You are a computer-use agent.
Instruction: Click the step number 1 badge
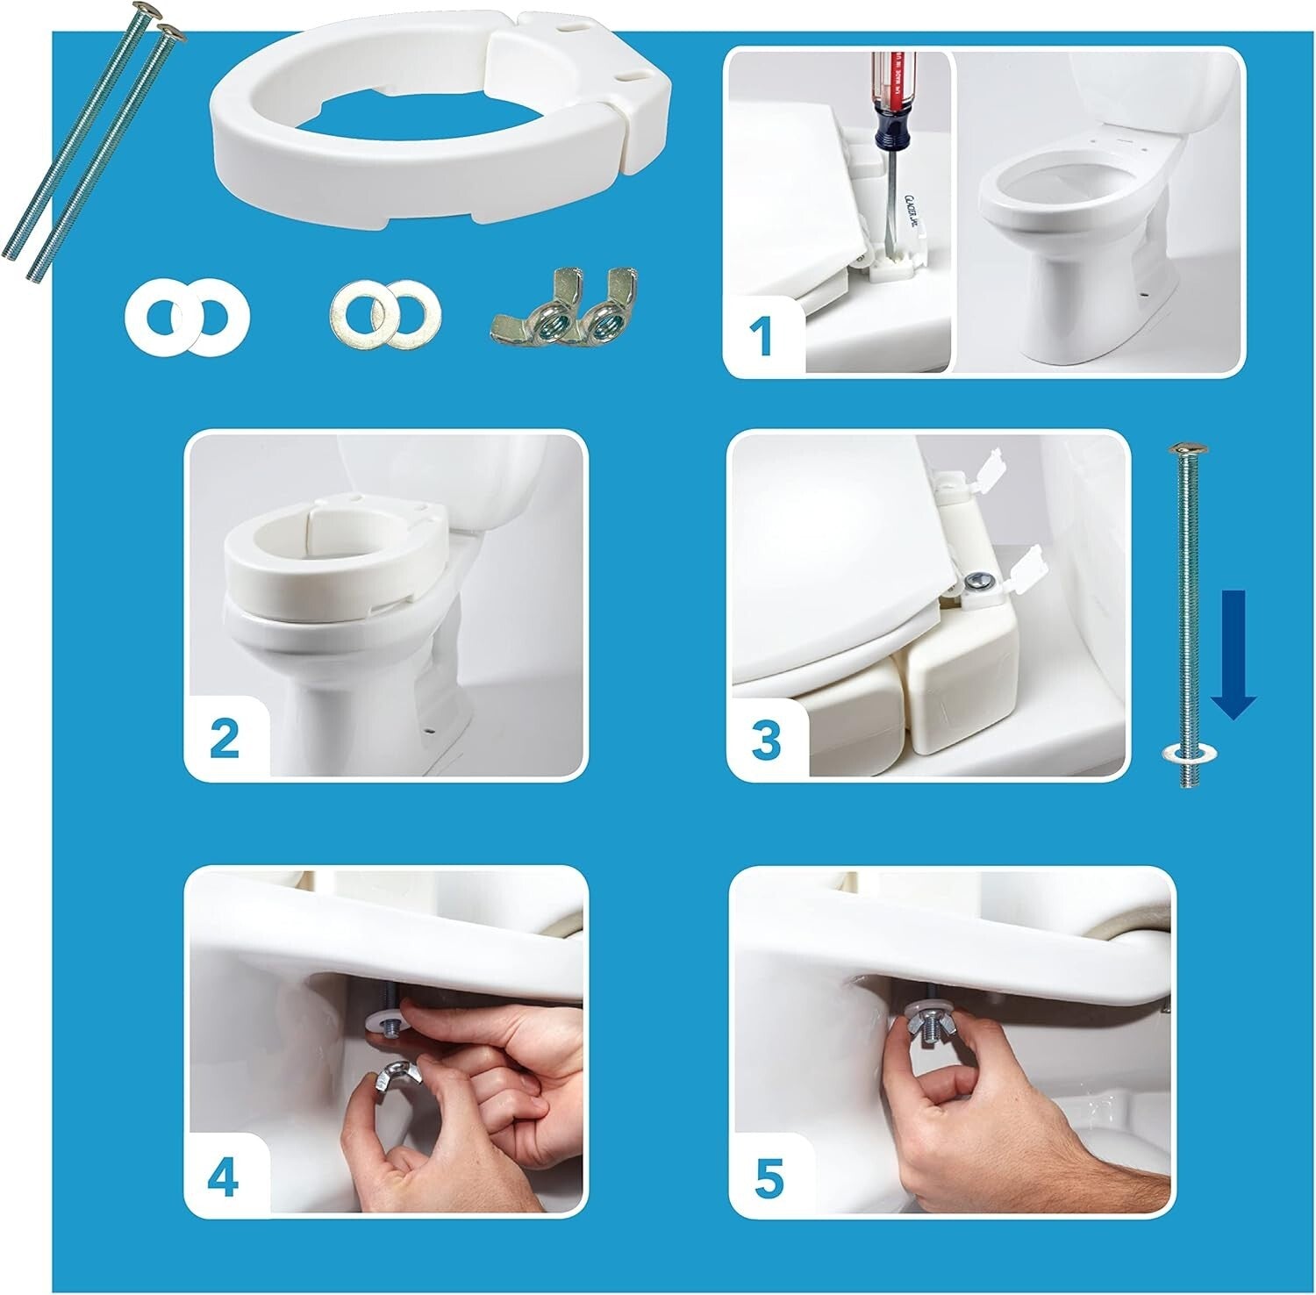pos(762,337)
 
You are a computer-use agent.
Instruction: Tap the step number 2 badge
pos(225,737)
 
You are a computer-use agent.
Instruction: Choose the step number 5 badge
pos(768,1178)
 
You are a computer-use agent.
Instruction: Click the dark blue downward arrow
pos(1234,654)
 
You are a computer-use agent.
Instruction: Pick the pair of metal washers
pos(386,314)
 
